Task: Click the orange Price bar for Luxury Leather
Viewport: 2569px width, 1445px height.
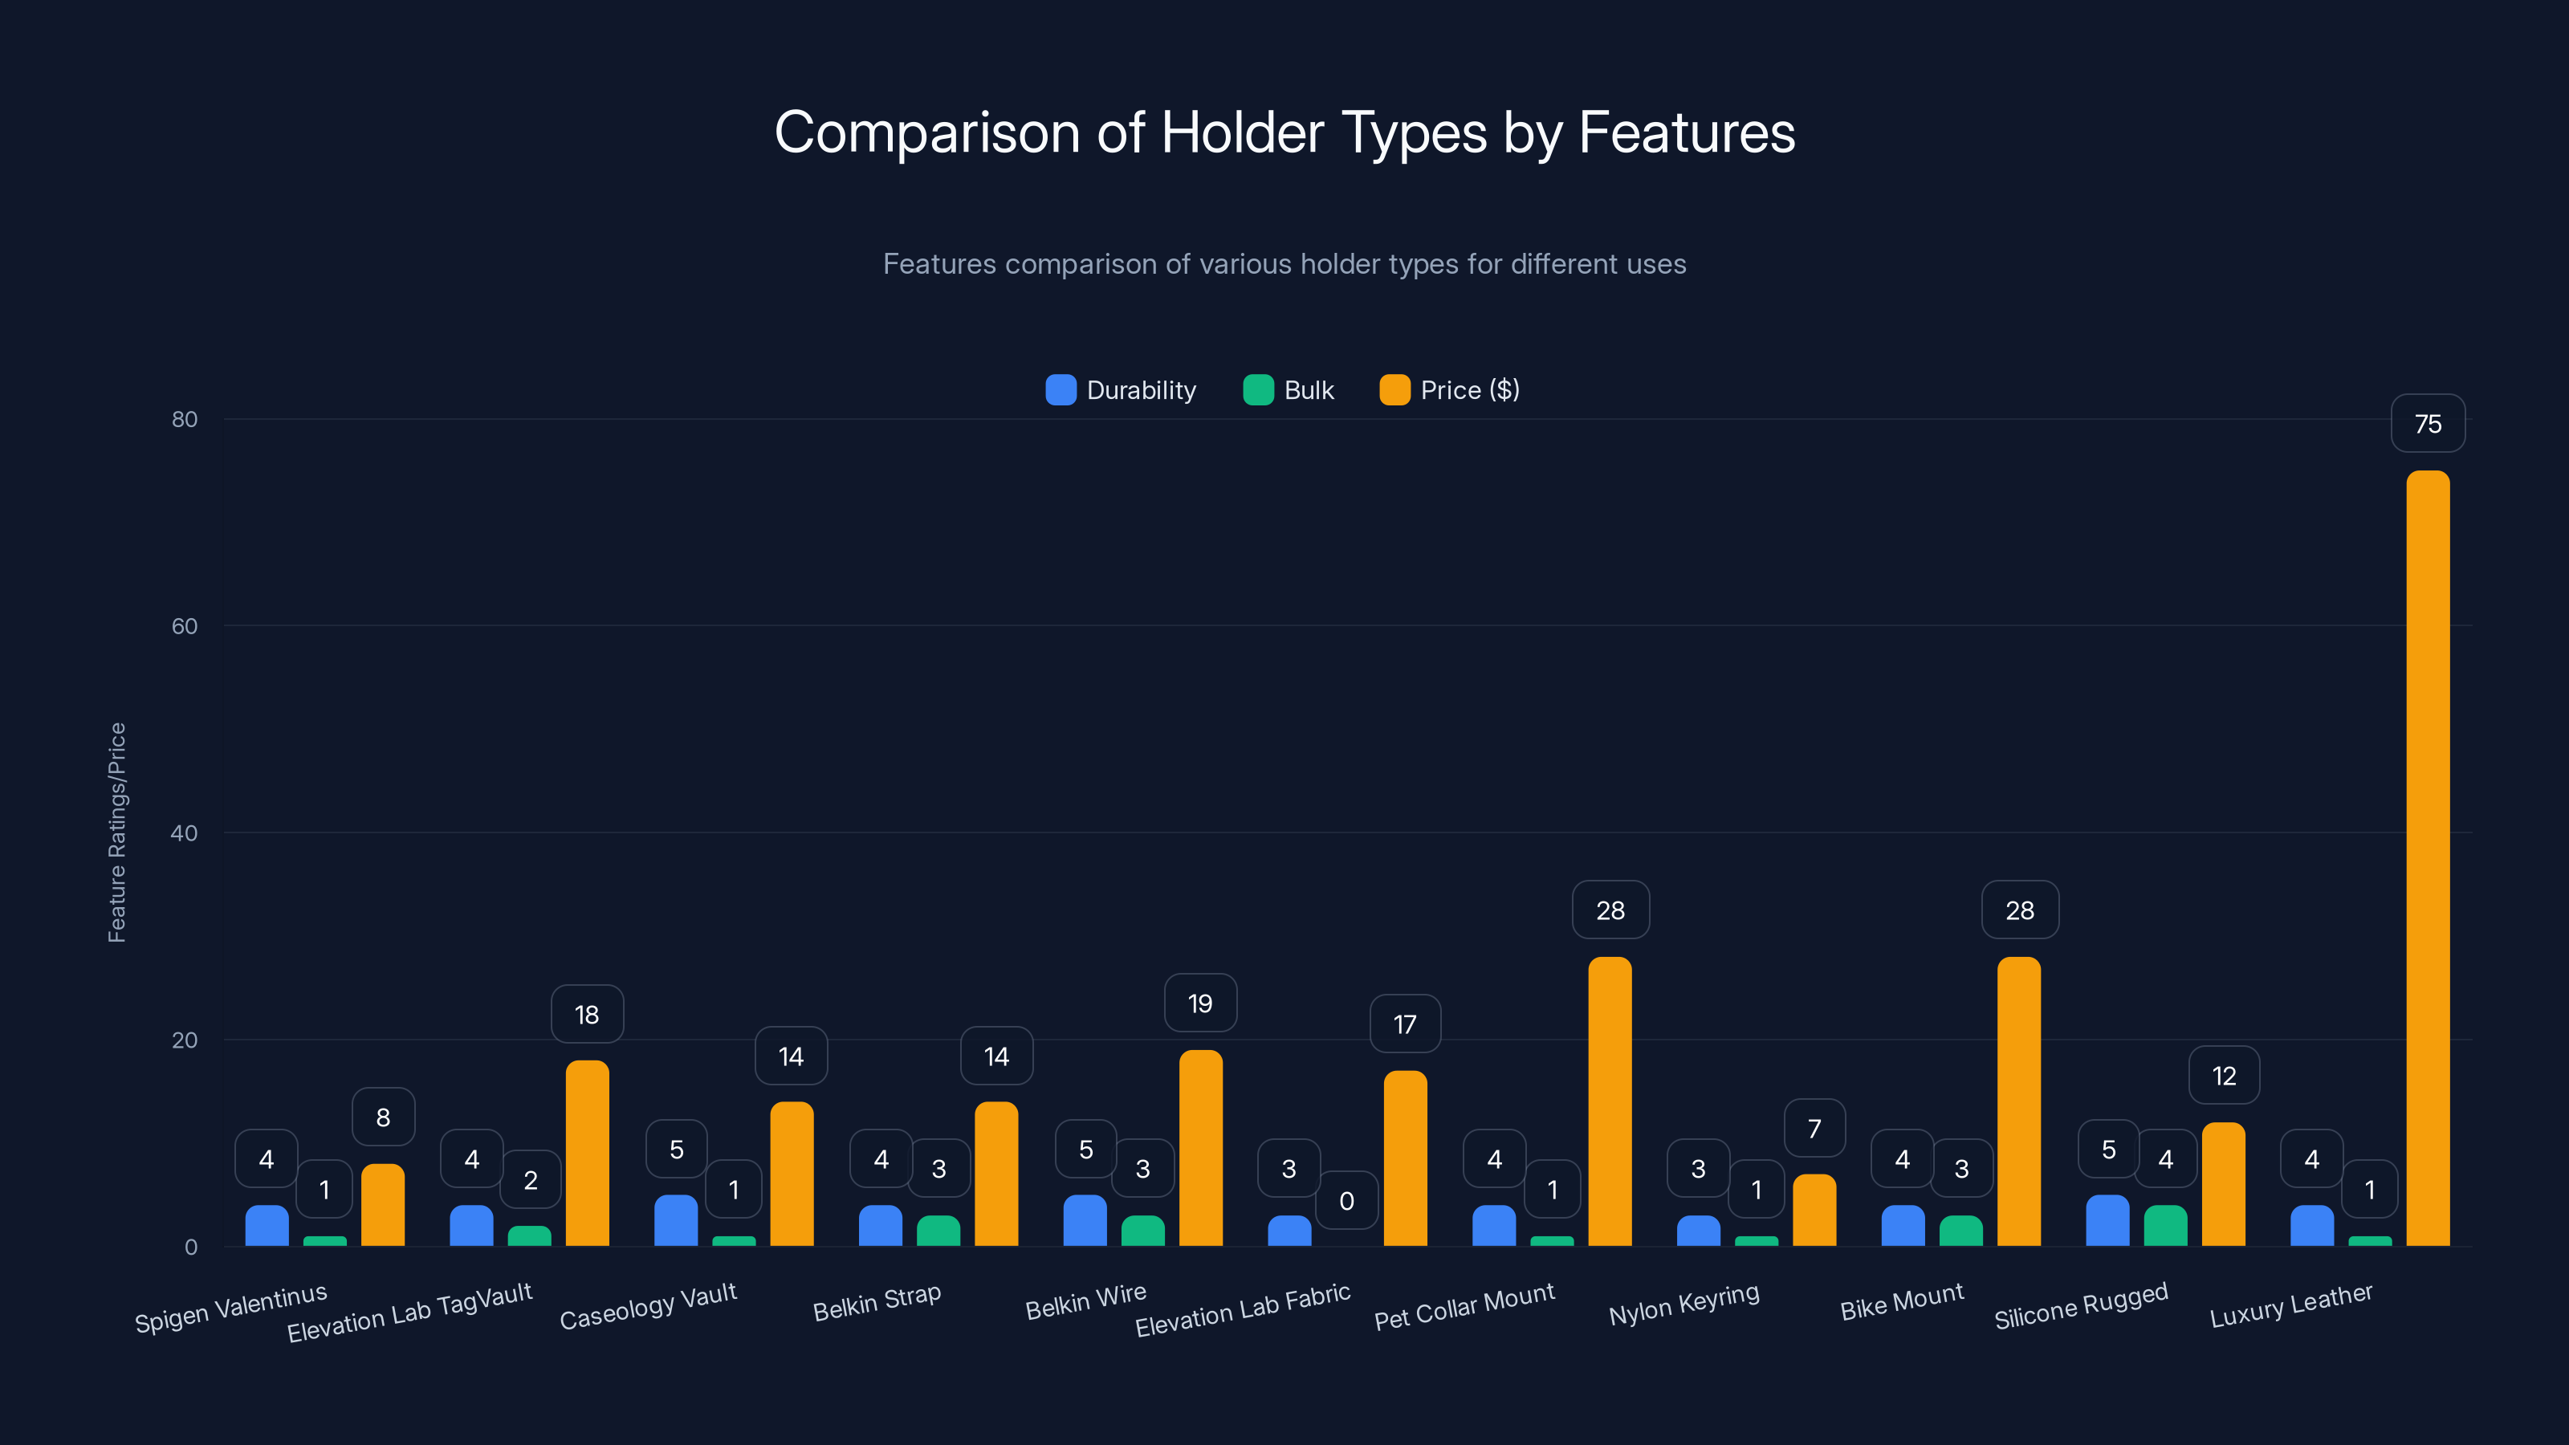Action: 2428,857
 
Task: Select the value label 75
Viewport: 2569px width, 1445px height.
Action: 2428,424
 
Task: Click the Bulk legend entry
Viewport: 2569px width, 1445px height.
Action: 1289,390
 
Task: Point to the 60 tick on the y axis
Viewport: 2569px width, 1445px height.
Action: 185,626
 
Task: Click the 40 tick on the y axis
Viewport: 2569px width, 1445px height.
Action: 185,832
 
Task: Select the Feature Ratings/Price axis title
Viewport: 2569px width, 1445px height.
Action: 116,832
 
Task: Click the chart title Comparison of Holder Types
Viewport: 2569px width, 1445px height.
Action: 1284,132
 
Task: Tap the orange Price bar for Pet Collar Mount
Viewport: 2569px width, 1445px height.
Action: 1610,1102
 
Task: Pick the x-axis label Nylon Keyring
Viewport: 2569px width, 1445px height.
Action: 1684,1304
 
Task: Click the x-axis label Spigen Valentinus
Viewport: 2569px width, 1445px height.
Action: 231,1308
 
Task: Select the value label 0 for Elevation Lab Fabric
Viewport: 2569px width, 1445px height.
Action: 1346,1201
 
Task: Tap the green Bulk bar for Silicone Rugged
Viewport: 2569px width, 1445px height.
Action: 2165,1226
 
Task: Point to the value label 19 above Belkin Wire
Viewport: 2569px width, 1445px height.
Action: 1199,1003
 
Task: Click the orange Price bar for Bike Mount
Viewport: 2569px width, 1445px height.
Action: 2018,1102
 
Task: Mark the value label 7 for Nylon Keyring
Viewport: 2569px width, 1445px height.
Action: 1814,1128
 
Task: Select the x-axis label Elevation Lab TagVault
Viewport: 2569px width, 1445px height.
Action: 410,1313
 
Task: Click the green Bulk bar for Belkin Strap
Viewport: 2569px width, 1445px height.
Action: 938,1231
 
